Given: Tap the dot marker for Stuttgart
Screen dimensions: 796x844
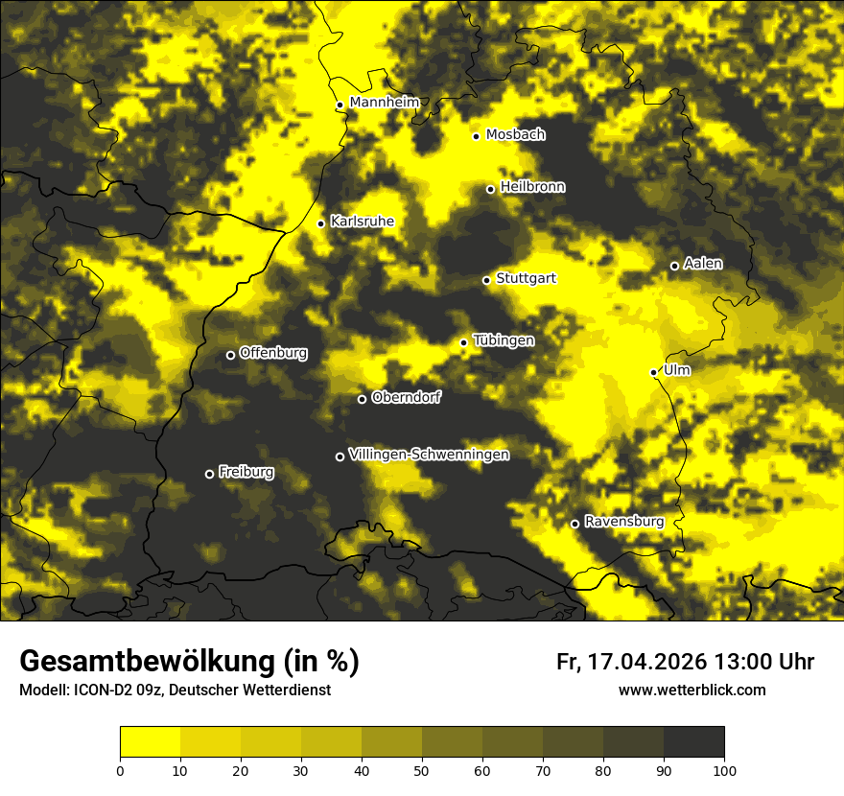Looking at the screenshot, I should pos(486,280).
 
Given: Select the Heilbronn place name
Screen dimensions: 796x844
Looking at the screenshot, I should pos(532,187).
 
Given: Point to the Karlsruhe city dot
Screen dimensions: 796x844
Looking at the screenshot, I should pos(321,223).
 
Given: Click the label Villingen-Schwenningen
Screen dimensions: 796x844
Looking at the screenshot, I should pos(429,455).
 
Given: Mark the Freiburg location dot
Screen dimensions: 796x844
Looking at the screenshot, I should pos(209,474).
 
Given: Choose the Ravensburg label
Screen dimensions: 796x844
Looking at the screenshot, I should pos(623,522).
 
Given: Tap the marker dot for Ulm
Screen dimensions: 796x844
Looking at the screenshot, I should pos(654,372).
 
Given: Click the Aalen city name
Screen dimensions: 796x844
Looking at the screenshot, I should pos(703,264).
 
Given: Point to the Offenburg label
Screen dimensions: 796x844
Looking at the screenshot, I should pos(273,353).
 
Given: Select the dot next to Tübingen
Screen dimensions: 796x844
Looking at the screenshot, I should pos(463,342).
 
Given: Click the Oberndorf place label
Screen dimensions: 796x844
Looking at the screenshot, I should pos(406,397).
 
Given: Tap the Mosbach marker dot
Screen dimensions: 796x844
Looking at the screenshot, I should pos(476,136).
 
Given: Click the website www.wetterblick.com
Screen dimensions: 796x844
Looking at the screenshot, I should pos(692,691).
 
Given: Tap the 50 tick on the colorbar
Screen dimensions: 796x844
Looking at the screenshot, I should pos(422,769).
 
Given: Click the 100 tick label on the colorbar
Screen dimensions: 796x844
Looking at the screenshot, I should pos(724,769).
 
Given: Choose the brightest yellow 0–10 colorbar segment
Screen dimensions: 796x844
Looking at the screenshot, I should pos(150,742).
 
